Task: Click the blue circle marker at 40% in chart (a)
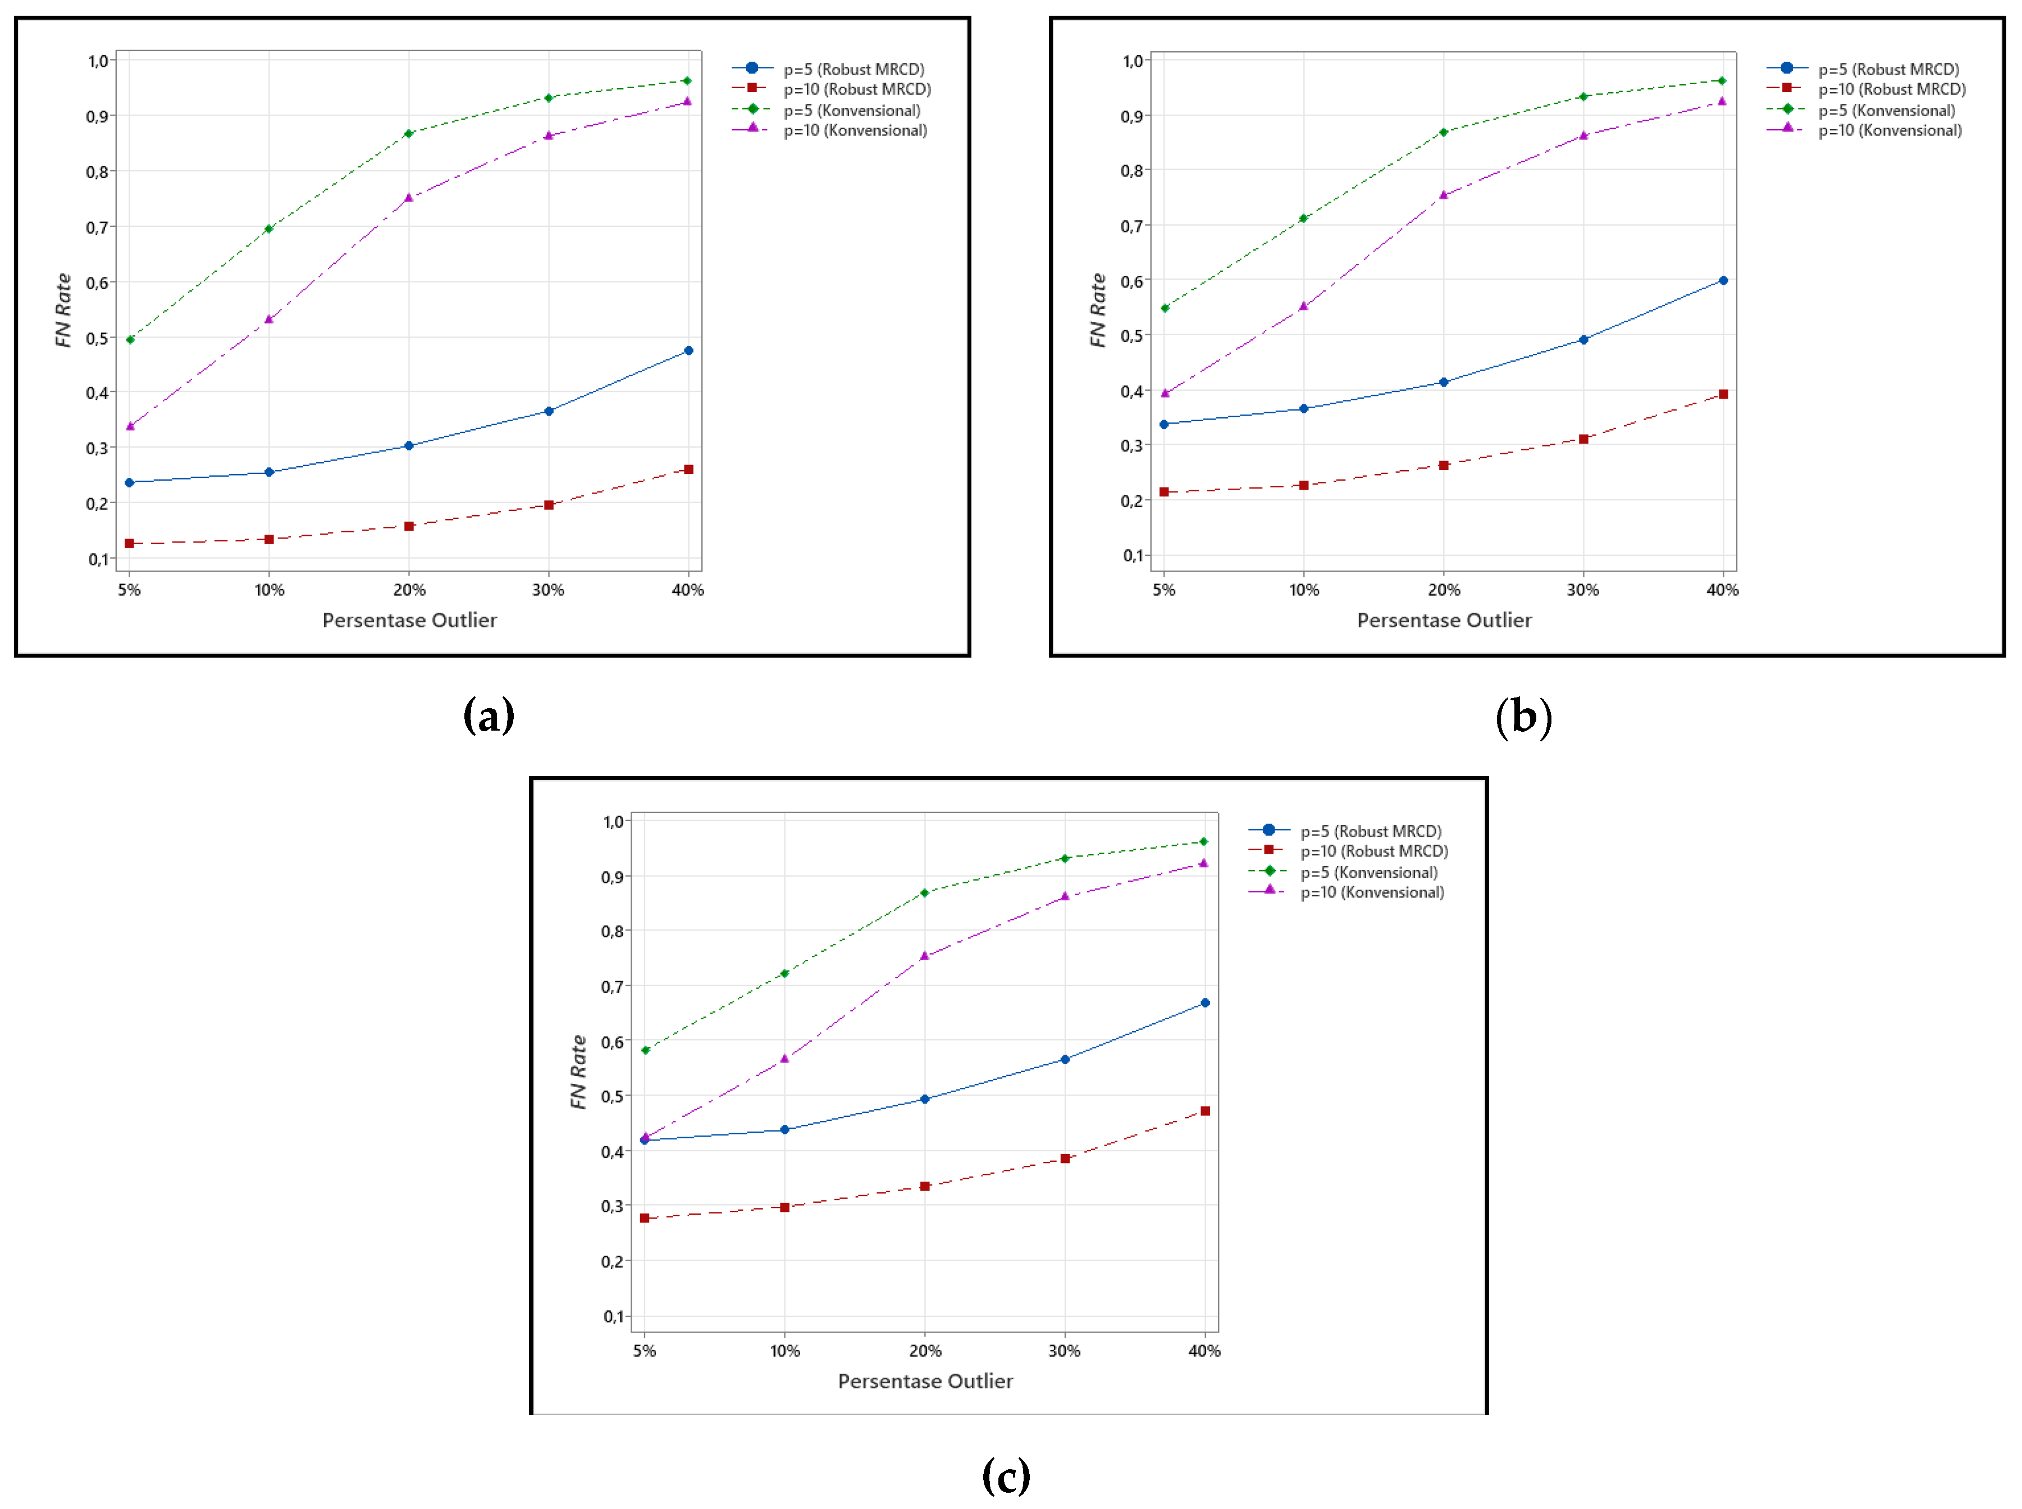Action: click(x=688, y=351)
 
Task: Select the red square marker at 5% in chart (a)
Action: click(x=130, y=544)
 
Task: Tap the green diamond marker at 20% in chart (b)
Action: click(x=1443, y=133)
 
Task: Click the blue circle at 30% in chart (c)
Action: click(x=1064, y=1060)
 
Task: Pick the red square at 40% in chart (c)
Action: click(x=1204, y=1111)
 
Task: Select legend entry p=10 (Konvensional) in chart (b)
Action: click(x=1889, y=131)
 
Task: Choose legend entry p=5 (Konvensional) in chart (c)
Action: click(x=1368, y=872)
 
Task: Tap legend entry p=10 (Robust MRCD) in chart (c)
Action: click(x=1373, y=851)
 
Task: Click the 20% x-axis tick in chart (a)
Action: click(x=409, y=590)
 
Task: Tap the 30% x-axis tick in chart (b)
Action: click(x=1583, y=590)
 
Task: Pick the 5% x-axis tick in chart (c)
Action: click(x=645, y=1351)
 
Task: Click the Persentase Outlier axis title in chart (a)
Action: click(x=409, y=620)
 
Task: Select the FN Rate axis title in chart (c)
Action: click(x=578, y=1073)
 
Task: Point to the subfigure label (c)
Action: click(x=1006, y=1475)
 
